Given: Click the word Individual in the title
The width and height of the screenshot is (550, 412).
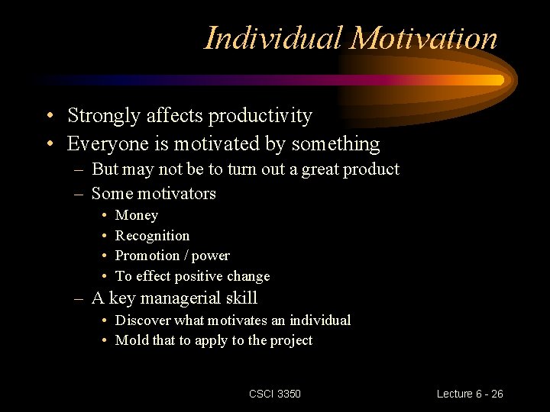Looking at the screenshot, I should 273,38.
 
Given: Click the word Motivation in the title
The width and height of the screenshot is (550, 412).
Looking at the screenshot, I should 424,38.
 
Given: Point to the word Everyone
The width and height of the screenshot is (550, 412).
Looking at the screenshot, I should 105,143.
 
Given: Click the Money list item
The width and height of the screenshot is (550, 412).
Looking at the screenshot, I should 136,216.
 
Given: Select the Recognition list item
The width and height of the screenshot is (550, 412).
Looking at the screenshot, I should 152,236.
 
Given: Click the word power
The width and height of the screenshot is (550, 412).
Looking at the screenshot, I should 211,256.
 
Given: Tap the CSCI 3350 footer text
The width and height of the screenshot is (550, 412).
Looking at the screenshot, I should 275,394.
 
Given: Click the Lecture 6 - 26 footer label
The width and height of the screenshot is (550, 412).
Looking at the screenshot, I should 470,394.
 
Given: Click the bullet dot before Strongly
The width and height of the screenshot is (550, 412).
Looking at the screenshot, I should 49,117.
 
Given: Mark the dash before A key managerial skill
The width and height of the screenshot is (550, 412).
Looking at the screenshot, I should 79,299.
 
